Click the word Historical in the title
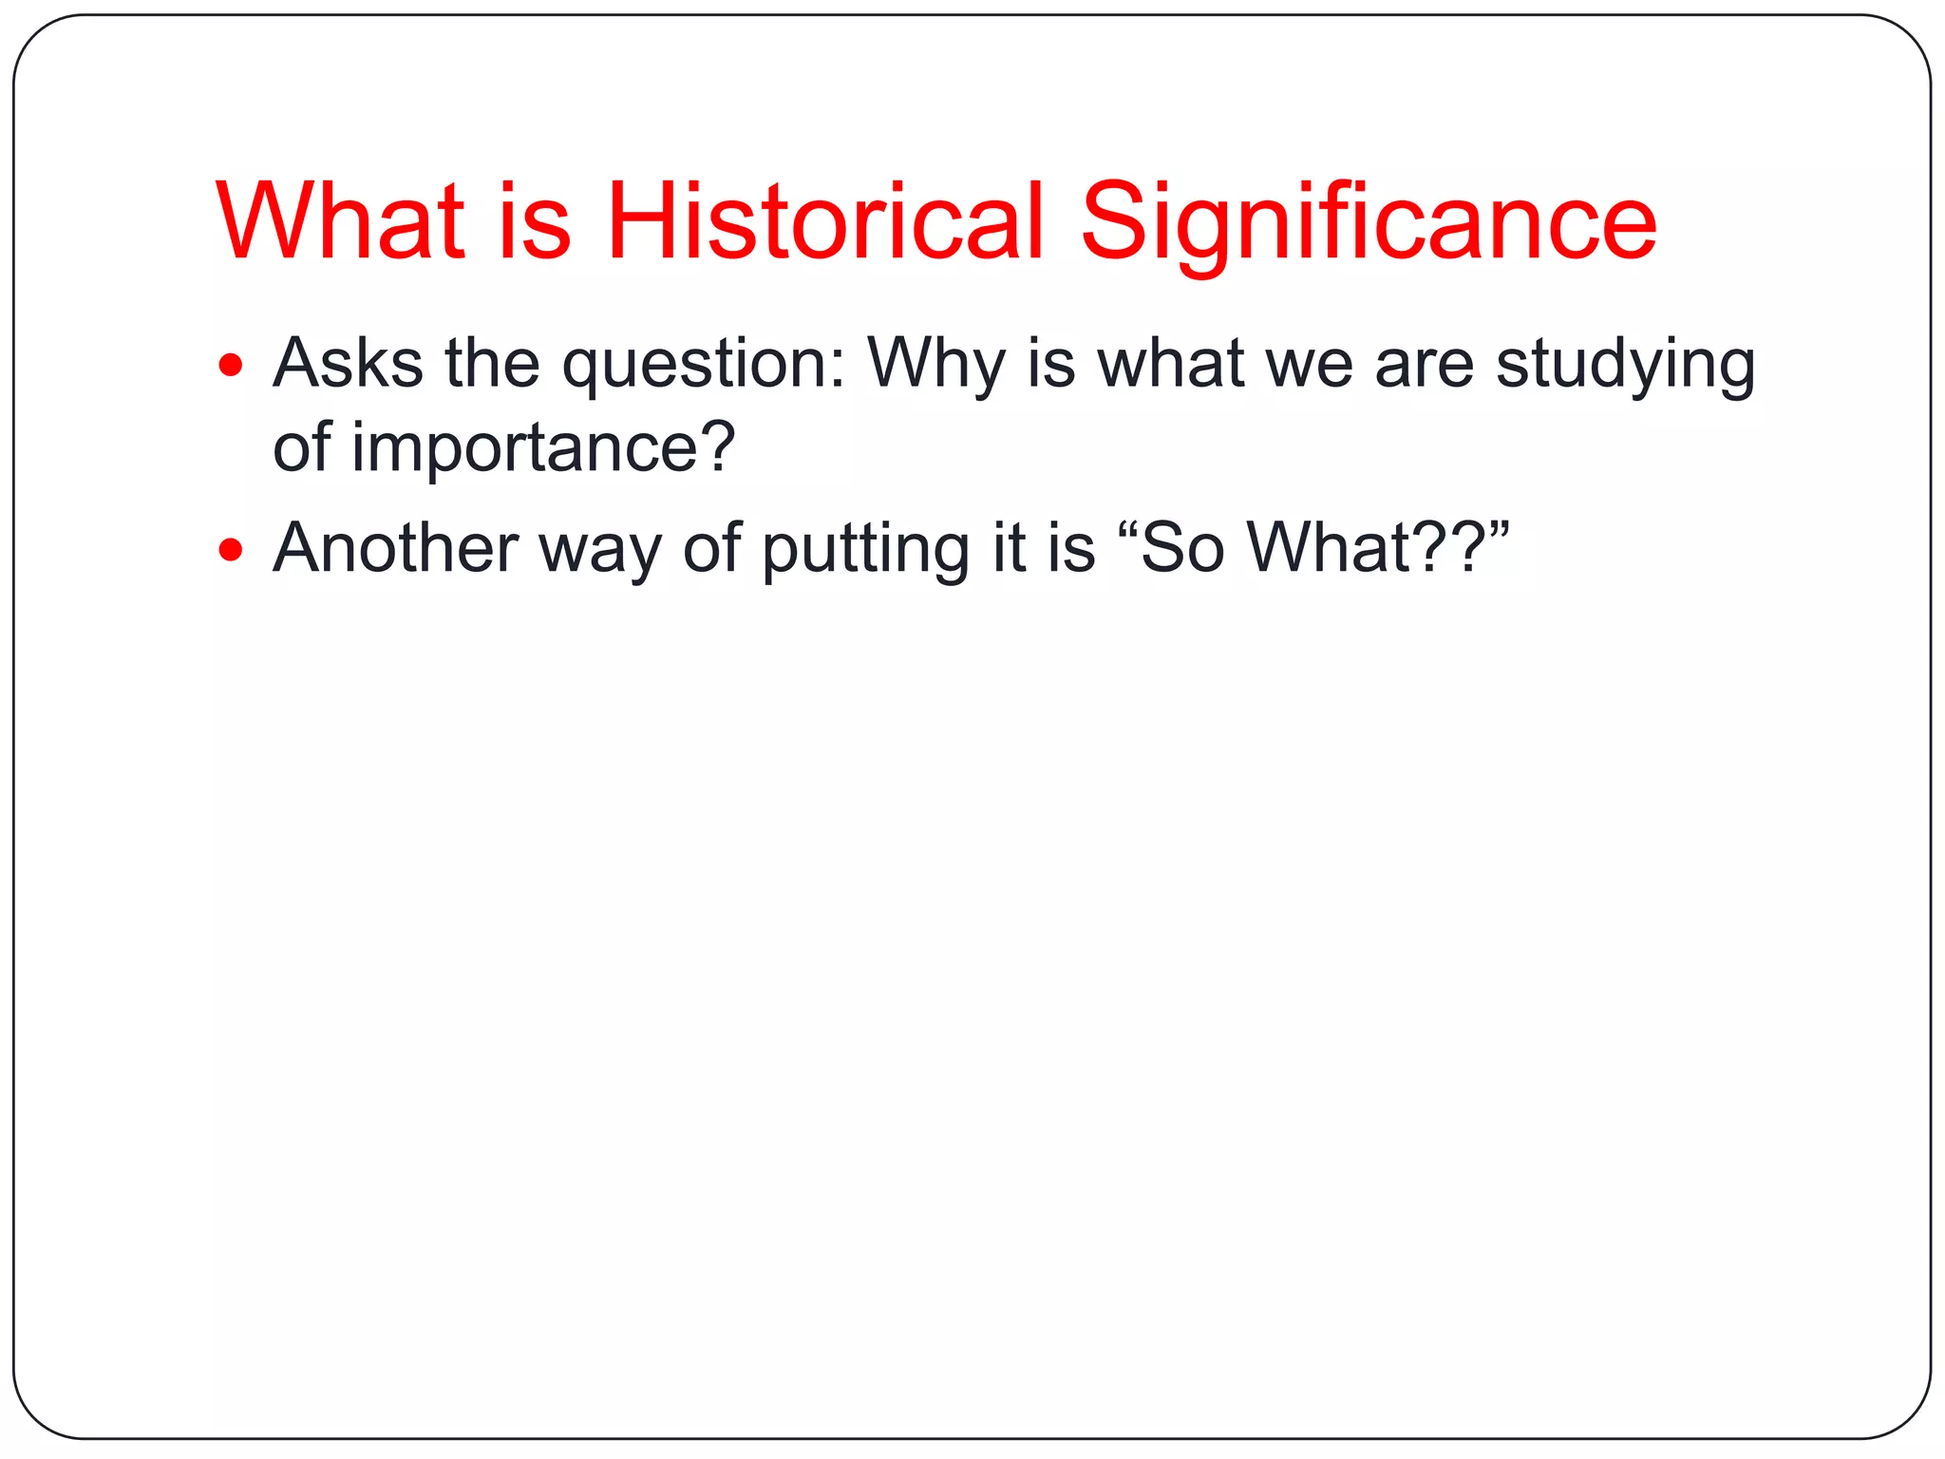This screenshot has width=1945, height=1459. [x=824, y=221]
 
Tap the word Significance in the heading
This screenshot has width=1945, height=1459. [x=1369, y=221]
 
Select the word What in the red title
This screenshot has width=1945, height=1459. [x=340, y=221]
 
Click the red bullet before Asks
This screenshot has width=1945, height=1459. [x=231, y=365]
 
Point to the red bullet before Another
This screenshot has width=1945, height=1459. [x=231, y=549]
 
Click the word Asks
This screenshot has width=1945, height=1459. [x=348, y=363]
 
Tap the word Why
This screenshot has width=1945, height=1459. [x=935, y=365]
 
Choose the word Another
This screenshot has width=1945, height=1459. [x=395, y=548]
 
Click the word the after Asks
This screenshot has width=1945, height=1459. [x=492, y=363]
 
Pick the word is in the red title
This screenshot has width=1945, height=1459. [x=535, y=221]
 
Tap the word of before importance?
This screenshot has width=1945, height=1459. [x=302, y=446]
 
